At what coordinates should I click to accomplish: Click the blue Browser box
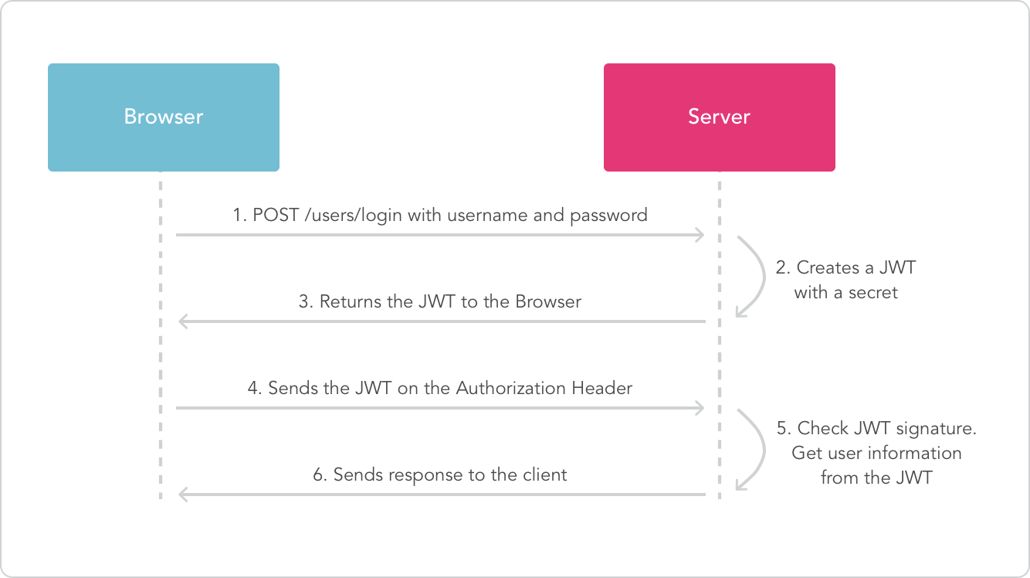[163, 117]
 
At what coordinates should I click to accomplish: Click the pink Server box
[719, 117]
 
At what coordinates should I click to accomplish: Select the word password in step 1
[608, 216]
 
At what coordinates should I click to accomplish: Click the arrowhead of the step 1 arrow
[700, 234]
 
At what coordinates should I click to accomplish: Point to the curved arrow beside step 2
[753, 277]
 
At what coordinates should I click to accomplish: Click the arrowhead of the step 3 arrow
[182, 321]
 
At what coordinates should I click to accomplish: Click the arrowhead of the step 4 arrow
[700, 407]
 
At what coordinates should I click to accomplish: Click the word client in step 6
[545, 474]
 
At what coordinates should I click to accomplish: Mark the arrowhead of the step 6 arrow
[182, 494]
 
